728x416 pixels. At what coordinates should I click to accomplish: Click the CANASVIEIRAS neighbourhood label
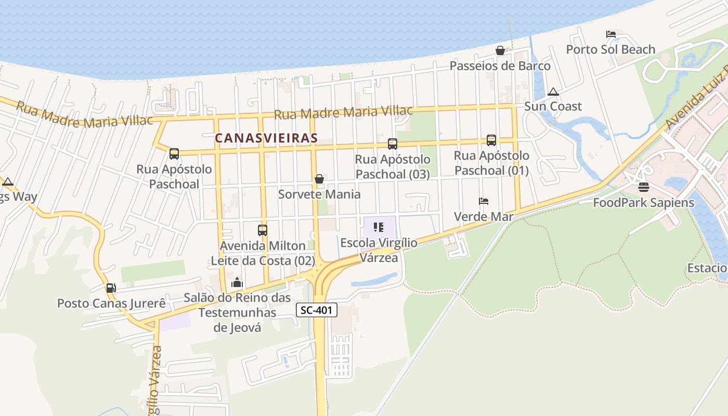click(266, 138)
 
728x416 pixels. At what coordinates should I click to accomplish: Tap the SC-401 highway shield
click(317, 310)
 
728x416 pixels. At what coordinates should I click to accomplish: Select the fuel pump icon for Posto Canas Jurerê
click(111, 288)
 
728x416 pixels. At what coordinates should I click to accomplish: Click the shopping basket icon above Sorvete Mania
click(319, 179)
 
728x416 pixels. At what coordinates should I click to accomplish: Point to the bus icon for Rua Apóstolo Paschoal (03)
click(393, 144)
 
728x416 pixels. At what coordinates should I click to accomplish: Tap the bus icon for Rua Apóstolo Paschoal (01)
click(491, 140)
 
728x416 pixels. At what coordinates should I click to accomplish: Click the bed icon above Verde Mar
click(484, 201)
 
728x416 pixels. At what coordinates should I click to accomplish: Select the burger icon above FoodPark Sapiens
click(644, 187)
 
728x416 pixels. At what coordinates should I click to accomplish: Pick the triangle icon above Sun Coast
click(553, 92)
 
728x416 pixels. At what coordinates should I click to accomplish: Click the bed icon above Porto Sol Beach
click(611, 34)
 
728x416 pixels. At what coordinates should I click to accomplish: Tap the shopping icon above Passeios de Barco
click(500, 50)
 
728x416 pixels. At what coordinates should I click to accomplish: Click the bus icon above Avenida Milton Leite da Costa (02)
click(263, 230)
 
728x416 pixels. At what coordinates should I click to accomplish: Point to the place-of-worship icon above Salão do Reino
click(237, 282)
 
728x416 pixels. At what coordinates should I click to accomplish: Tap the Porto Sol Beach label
click(610, 49)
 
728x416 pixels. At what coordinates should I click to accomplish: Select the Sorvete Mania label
click(319, 194)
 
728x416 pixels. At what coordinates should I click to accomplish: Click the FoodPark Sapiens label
click(644, 202)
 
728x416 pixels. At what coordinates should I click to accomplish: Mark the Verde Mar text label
click(484, 216)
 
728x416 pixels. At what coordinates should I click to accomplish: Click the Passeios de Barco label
click(500, 66)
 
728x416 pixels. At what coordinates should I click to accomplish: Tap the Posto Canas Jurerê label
click(111, 303)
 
